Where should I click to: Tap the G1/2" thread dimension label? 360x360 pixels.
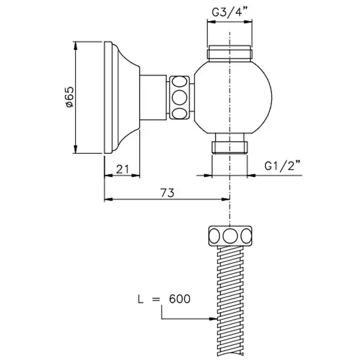point(282,166)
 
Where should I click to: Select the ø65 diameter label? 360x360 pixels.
point(69,97)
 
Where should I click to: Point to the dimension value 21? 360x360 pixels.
point(122,169)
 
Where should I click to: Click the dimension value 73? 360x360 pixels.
point(167,193)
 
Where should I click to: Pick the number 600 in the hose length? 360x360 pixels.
point(179,299)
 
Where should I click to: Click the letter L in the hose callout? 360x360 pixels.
point(140,299)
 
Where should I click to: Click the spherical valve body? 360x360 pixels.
point(233,98)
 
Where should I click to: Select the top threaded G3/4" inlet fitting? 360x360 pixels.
point(230,53)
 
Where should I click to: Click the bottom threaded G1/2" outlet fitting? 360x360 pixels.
point(229,143)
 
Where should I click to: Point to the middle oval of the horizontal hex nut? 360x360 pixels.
point(179,98)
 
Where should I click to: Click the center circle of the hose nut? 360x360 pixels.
point(230,236)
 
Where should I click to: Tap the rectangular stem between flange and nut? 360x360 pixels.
point(153,98)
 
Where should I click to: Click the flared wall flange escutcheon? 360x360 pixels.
point(122,98)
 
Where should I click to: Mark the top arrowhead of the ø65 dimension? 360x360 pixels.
point(76,46)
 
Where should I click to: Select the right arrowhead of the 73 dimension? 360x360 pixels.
point(225,200)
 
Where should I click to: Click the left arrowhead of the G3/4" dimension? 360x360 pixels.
point(212,22)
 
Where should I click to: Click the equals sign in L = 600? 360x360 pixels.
point(156,299)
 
